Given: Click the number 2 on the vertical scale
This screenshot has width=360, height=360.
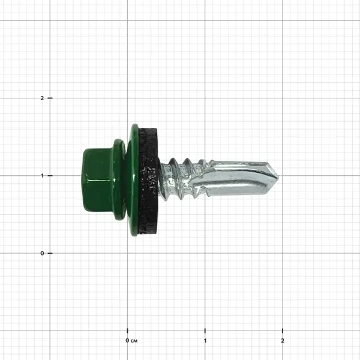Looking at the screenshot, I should pyautogui.click(x=42, y=98).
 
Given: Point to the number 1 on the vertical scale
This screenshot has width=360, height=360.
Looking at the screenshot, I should pyautogui.click(x=42, y=175).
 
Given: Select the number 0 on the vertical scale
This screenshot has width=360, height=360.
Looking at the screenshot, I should pyautogui.click(x=42, y=253).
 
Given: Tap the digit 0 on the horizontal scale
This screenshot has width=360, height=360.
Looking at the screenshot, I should pyautogui.click(x=127, y=340).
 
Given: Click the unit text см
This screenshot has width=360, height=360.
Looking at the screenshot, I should pyautogui.click(x=134, y=340).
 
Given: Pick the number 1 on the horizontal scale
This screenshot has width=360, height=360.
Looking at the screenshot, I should pyautogui.click(x=205, y=340).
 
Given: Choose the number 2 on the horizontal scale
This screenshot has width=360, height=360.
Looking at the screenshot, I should pyautogui.click(x=283, y=340).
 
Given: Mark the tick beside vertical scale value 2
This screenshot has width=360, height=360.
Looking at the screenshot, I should pyautogui.click(x=50, y=98).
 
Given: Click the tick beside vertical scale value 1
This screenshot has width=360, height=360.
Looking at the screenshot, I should pyautogui.click(x=50, y=175).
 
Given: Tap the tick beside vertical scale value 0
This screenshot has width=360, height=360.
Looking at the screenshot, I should pyautogui.click(x=50, y=253).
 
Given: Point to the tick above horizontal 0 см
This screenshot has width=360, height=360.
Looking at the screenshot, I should pyautogui.click(x=127, y=331).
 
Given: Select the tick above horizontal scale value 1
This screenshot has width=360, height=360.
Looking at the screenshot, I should pyautogui.click(x=205, y=331).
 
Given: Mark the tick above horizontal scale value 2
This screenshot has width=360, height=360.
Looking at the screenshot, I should pyautogui.click(x=283, y=331).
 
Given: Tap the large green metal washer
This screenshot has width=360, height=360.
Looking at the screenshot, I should pyautogui.click(x=134, y=180).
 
